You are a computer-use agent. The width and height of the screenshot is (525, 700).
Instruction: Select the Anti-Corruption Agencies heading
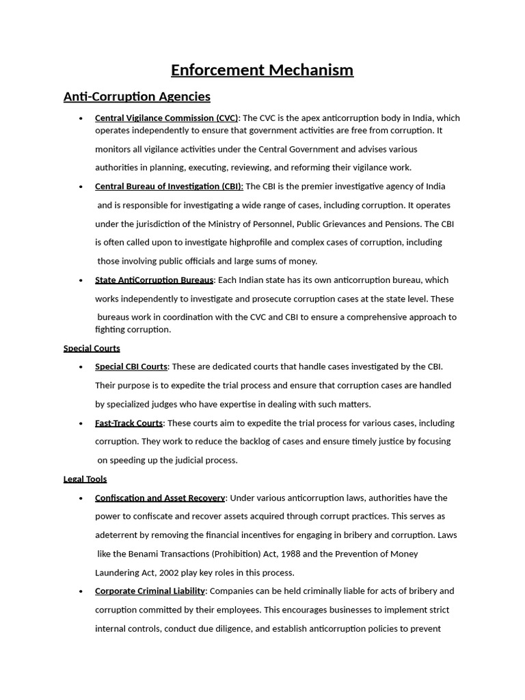pyautogui.click(x=137, y=96)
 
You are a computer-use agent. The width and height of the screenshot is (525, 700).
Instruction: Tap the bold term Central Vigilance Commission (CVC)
pyautogui.click(x=167, y=118)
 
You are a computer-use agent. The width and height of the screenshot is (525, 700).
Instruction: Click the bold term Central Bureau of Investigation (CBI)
pyautogui.click(x=169, y=186)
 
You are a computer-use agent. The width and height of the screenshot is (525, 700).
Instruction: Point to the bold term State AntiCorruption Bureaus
pyautogui.click(x=154, y=280)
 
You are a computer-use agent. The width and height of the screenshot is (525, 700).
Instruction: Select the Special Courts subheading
pyautogui.click(x=92, y=348)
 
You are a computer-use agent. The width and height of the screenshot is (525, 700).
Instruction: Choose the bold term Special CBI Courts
pyautogui.click(x=131, y=366)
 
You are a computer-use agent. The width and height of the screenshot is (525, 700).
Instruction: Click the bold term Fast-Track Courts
pyautogui.click(x=129, y=422)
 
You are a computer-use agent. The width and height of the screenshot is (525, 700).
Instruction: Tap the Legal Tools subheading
pyautogui.click(x=85, y=479)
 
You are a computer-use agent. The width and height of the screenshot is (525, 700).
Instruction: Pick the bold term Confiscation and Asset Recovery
pyautogui.click(x=160, y=498)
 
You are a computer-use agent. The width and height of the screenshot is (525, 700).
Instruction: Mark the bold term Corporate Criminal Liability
pyautogui.click(x=150, y=591)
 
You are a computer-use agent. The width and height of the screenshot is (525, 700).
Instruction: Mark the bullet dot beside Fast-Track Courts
pyautogui.click(x=81, y=423)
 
